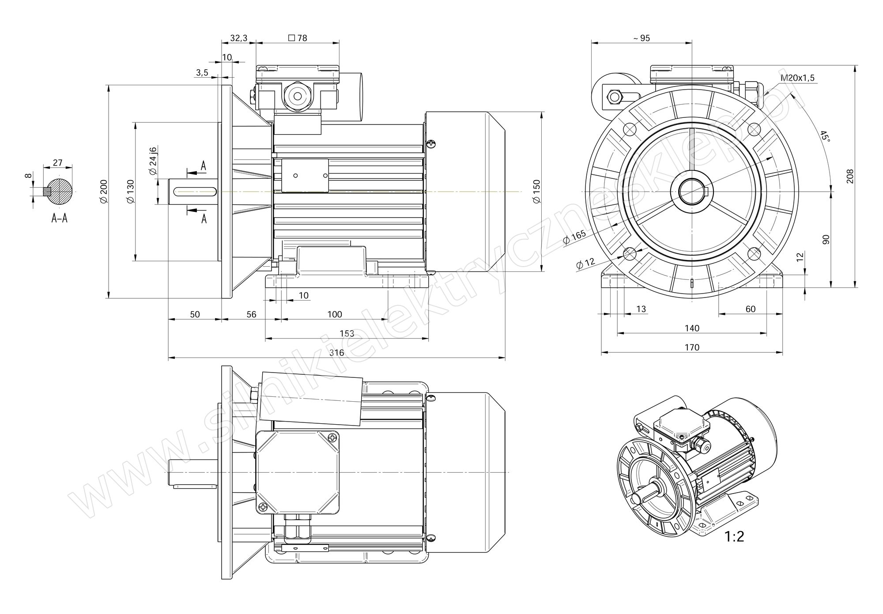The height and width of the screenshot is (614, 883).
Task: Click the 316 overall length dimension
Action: click(x=336, y=353)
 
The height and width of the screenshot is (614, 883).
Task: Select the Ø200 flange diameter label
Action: click(x=104, y=192)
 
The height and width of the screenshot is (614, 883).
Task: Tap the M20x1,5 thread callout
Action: click(x=798, y=79)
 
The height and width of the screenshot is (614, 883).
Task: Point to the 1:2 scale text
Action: click(x=734, y=537)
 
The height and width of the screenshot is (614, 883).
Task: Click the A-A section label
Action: click(x=59, y=218)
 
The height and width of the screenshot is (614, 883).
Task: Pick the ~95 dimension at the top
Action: click(x=641, y=38)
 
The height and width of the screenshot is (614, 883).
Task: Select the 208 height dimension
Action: click(x=850, y=176)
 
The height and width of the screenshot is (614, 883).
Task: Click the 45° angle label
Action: click(x=824, y=136)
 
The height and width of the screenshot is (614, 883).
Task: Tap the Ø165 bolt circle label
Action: click(x=575, y=237)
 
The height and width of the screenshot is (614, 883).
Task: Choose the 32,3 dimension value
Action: click(x=239, y=38)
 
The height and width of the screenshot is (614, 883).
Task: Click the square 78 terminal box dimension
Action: click(x=298, y=38)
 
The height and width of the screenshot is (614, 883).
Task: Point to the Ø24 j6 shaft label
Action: click(x=153, y=161)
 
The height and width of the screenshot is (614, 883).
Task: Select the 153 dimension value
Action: click(x=347, y=334)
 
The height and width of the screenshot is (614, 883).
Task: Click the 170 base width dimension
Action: click(x=692, y=347)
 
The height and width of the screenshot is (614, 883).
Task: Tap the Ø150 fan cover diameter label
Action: click(x=536, y=191)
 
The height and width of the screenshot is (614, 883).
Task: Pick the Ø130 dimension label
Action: click(x=130, y=192)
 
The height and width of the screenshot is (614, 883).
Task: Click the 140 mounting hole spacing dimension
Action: click(x=692, y=328)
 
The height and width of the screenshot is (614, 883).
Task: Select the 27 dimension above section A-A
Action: click(x=57, y=162)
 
